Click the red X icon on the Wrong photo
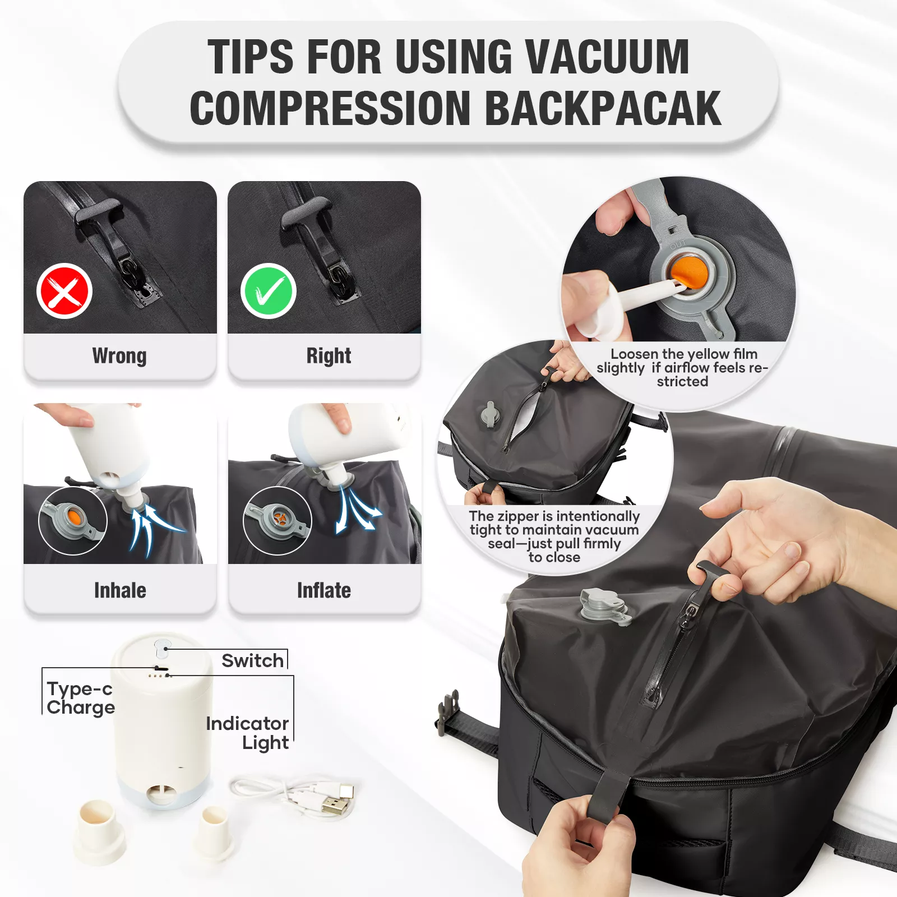[x=64, y=291]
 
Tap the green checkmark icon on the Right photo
[x=269, y=291]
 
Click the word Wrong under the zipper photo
[x=119, y=356]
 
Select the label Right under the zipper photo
[x=329, y=356]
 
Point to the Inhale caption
[x=120, y=590]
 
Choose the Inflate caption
[x=324, y=590]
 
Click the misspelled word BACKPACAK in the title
[x=603, y=109]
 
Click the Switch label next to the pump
[x=252, y=660]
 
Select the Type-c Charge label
[x=80, y=698]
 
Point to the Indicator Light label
[x=247, y=733]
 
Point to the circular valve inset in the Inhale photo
[x=73, y=521]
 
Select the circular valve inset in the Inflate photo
[x=277, y=521]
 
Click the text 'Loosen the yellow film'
[x=684, y=354]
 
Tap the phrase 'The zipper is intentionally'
[x=554, y=516]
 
